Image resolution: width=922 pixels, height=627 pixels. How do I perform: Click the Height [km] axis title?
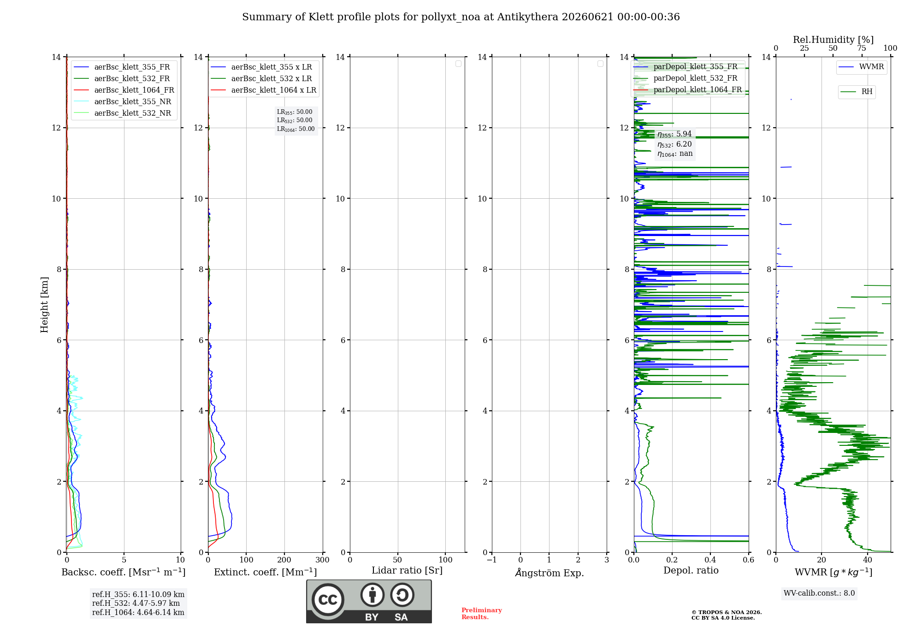(44, 305)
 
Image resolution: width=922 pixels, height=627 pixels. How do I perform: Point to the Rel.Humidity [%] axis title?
(833, 40)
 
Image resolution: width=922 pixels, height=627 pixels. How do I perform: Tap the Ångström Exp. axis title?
(550, 573)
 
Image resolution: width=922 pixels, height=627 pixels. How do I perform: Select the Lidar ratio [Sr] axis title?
(407, 571)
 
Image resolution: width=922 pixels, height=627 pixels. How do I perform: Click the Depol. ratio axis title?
(691, 571)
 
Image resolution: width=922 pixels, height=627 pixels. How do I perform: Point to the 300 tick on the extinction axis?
(322, 560)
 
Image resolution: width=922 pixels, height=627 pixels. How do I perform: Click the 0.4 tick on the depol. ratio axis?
(710, 560)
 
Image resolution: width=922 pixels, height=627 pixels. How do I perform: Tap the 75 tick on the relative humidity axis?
(861, 48)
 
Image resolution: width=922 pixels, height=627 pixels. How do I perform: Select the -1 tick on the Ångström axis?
(492, 560)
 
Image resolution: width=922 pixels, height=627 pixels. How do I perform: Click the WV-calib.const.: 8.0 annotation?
(819, 593)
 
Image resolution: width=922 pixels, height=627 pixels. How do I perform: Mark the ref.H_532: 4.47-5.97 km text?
(136, 603)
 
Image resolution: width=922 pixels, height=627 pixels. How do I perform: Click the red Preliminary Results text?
(482, 614)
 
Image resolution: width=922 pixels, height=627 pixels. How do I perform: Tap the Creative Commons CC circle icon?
(328, 600)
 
